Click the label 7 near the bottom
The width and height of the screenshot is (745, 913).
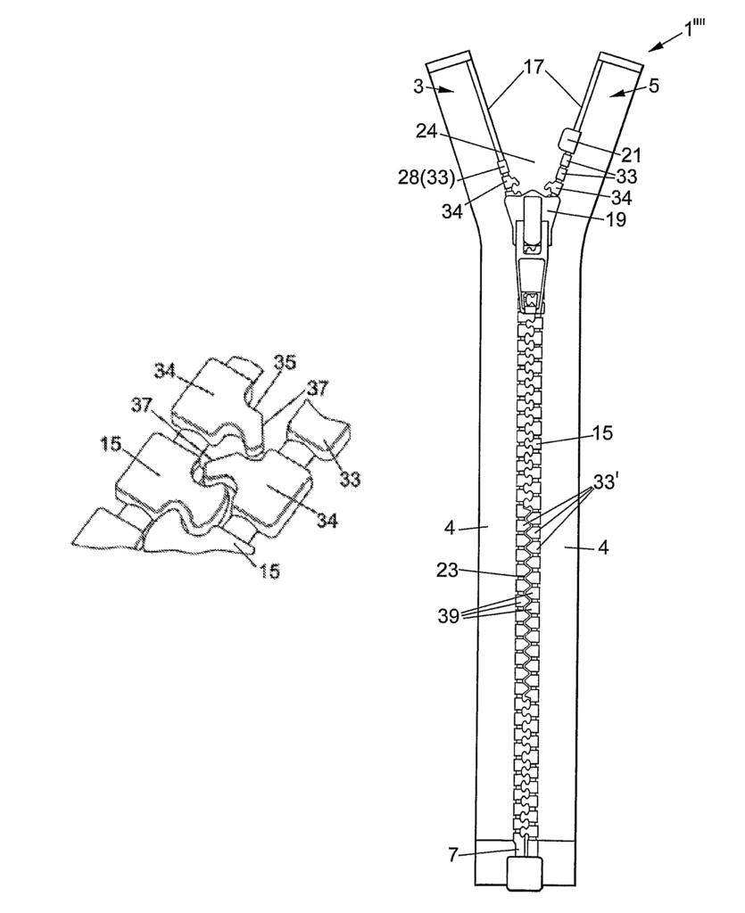pos(453,856)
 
